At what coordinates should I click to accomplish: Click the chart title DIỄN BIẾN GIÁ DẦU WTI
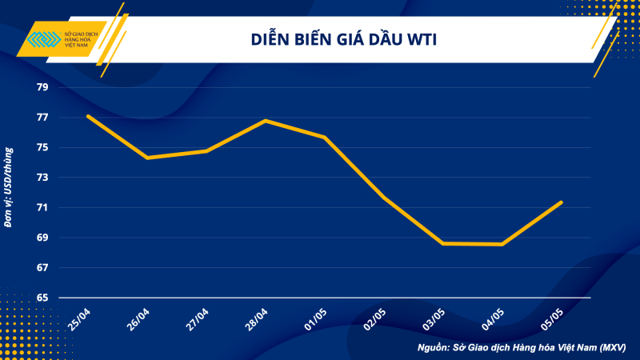(345, 40)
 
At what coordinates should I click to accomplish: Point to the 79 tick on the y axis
(42, 87)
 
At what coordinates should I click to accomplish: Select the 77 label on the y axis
(42, 118)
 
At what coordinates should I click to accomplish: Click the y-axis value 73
(42, 178)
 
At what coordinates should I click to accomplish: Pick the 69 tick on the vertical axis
(42, 238)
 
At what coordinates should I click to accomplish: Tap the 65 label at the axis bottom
(42, 298)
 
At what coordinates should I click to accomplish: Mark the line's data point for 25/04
(87, 116)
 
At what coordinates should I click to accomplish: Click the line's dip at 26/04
(147, 158)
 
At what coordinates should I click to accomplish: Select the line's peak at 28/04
(266, 121)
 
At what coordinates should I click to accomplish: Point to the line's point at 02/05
(385, 198)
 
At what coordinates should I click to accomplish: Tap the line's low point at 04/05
(502, 244)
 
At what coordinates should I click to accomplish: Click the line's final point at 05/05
(562, 202)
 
